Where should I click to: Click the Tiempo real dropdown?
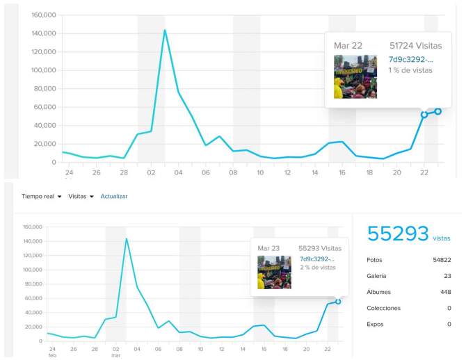pyautogui.click(x=41, y=197)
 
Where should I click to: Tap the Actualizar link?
pyautogui.click(x=114, y=197)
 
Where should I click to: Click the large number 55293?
pyautogui.click(x=398, y=234)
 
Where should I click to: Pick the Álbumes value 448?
pyautogui.click(x=445, y=292)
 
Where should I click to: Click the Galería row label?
pyautogui.click(x=377, y=276)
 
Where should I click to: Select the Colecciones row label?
pyautogui.click(x=384, y=308)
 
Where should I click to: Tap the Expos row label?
pyautogui.click(x=376, y=324)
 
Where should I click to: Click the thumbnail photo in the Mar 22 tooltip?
pyautogui.click(x=355, y=76)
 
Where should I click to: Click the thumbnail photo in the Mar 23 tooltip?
pyautogui.click(x=274, y=272)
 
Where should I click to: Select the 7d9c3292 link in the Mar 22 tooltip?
pyautogui.click(x=410, y=60)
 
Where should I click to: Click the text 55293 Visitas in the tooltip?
pyautogui.click(x=320, y=247)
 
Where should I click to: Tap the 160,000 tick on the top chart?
pyautogui.click(x=41, y=15)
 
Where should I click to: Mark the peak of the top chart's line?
pyautogui.click(x=165, y=30)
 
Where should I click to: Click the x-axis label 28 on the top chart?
pyautogui.click(x=124, y=173)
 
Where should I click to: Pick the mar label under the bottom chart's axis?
pyautogui.click(x=116, y=355)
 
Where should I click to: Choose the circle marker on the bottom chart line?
pyautogui.click(x=338, y=302)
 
